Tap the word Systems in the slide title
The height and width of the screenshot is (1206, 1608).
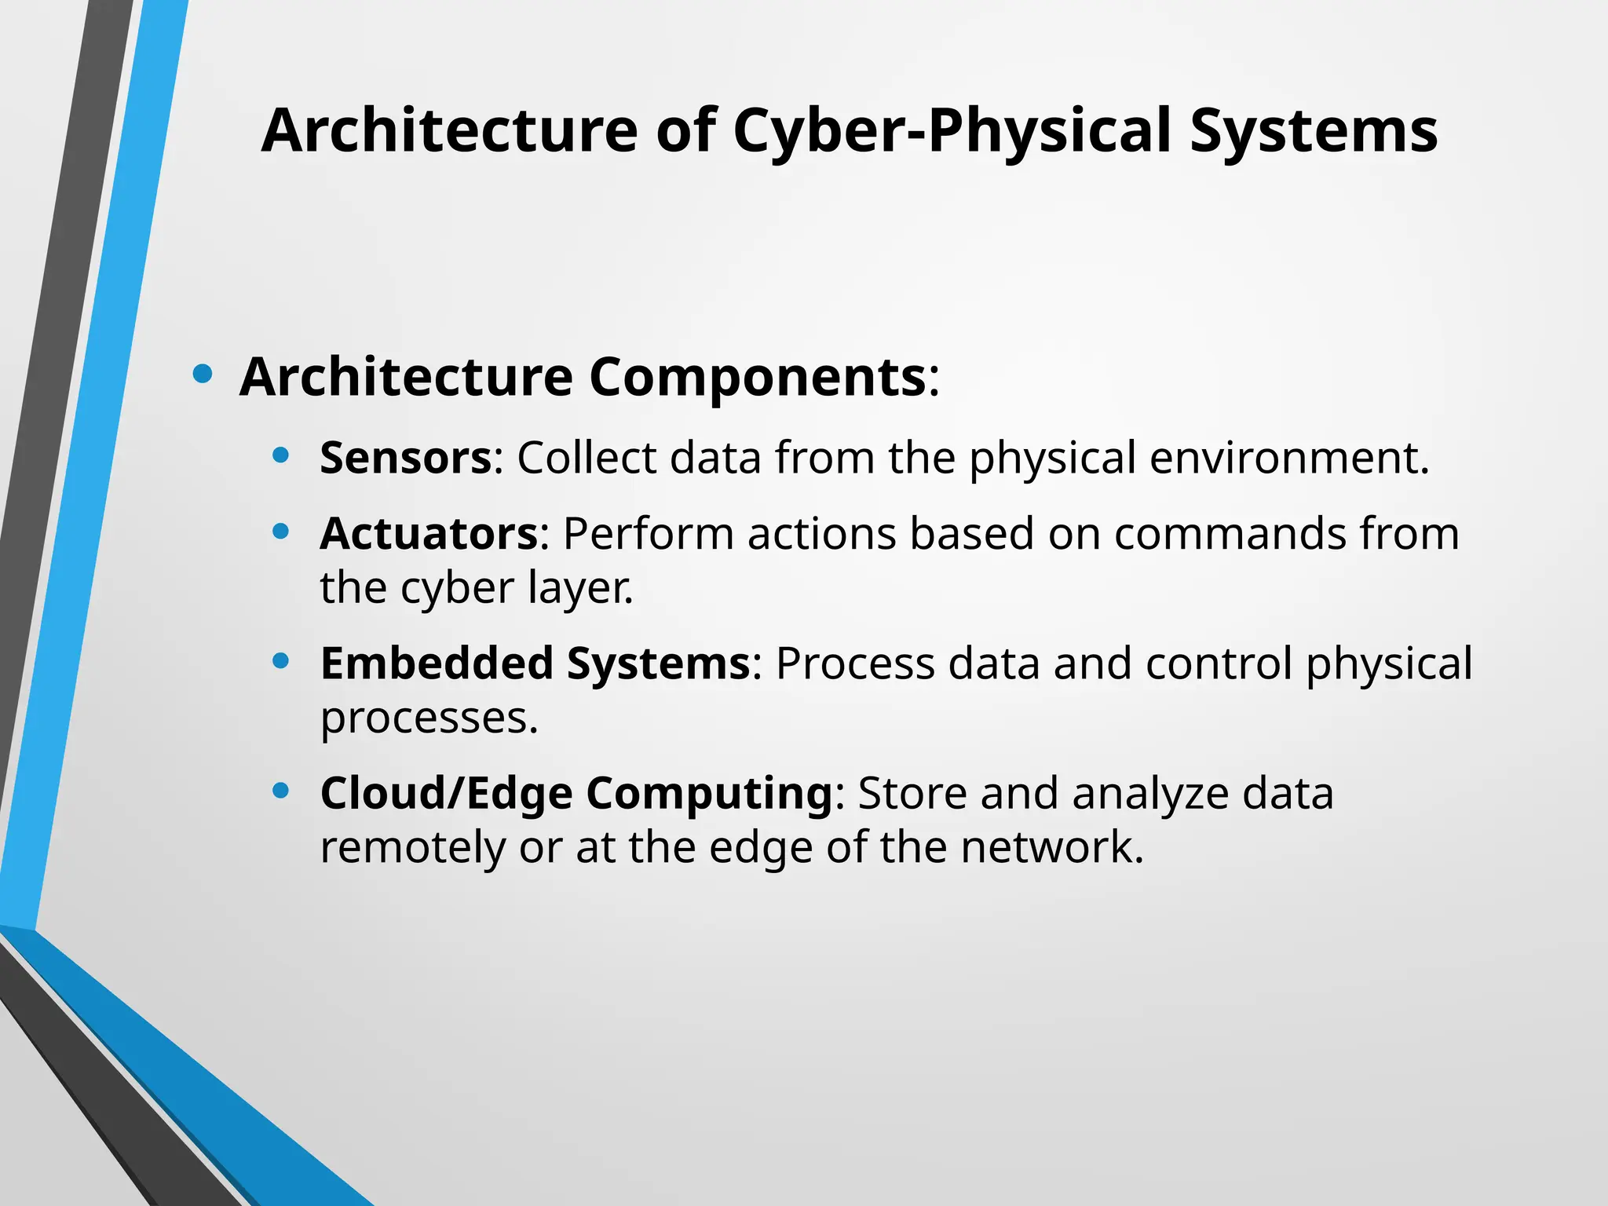(x=1314, y=131)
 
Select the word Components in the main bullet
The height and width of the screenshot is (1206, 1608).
(x=757, y=378)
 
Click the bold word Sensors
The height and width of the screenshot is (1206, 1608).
(x=405, y=458)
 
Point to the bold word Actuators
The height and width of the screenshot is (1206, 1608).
(x=429, y=534)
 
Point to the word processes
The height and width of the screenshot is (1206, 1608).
(x=429, y=718)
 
